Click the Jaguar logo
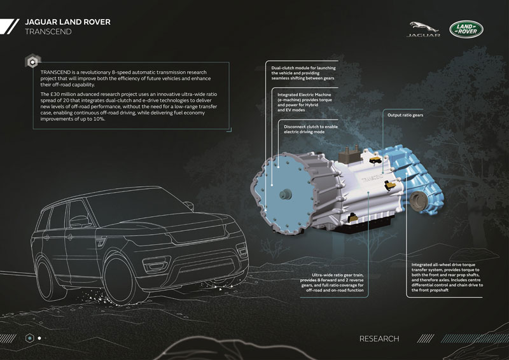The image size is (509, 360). [423, 29]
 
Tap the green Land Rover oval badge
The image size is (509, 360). [466, 29]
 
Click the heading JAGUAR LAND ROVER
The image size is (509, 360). [67, 22]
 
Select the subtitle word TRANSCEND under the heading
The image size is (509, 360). [48, 32]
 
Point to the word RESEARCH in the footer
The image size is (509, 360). [379, 338]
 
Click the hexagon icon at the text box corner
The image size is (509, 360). [32, 61]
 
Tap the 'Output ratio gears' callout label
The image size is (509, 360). [405, 115]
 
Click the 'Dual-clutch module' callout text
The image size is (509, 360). [303, 73]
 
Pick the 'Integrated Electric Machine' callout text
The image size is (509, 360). [305, 102]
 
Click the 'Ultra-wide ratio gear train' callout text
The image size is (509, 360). [331, 282]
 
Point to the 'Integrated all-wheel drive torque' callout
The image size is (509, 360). [447, 277]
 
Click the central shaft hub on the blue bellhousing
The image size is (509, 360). [285, 194]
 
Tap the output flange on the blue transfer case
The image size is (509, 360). [417, 202]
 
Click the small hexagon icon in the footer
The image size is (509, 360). [30, 338]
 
